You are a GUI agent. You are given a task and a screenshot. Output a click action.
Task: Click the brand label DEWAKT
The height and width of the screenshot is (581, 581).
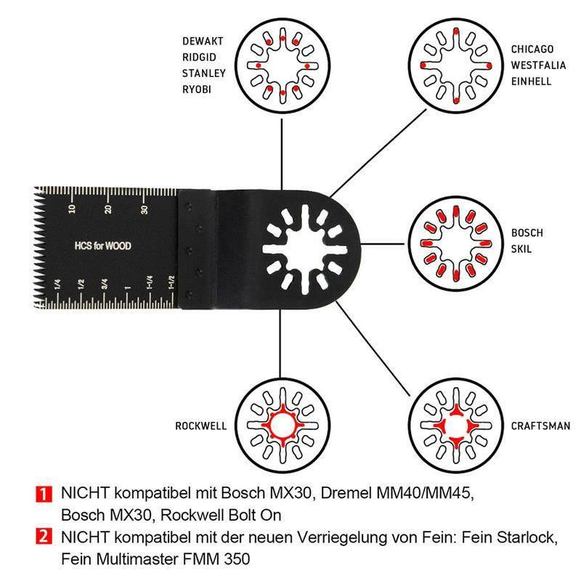point(203,41)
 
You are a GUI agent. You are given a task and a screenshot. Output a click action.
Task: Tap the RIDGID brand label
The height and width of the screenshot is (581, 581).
point(200,57)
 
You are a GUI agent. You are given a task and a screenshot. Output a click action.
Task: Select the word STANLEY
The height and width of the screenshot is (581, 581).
point(204,73)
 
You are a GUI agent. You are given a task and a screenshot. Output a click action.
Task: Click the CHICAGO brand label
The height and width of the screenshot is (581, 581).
point(532,49)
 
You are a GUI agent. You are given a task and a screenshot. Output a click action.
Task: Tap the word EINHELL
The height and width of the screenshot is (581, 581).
point(530,81)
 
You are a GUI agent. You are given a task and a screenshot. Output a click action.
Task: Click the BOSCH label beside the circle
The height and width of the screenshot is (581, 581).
point(527,233)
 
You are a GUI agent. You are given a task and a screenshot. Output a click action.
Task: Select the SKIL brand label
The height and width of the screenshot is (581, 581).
point(521,249)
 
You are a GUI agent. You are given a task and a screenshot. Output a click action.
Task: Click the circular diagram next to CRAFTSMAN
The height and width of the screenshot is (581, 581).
point(452,426)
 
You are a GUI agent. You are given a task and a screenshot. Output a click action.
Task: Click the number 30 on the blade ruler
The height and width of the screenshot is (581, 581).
point(145,211)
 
